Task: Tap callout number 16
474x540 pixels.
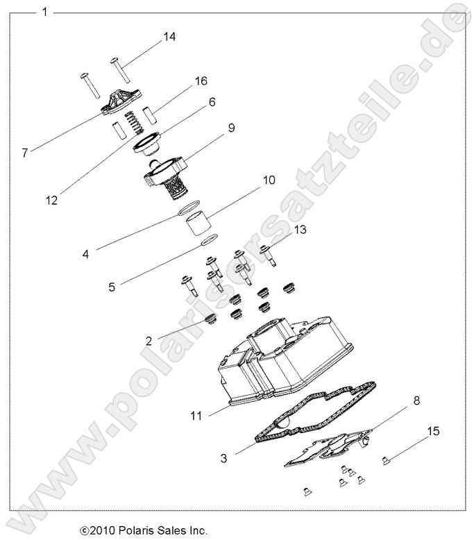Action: pos(201,81)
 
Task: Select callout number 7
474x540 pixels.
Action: pos(25,153)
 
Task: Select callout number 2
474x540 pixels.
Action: pos(149,340)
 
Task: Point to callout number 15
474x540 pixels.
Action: pos(433,432)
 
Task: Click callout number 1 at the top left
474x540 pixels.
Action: pos(45,12)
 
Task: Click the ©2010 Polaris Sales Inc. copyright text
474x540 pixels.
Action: pos(144,530)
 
